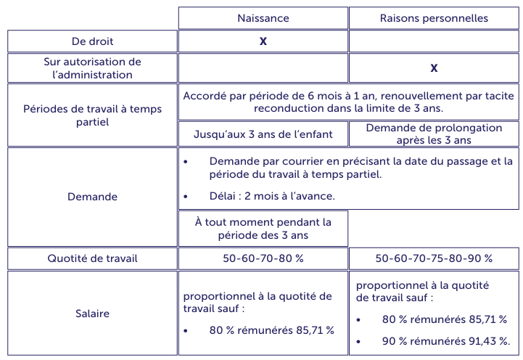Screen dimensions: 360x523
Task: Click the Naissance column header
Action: pyautogui.click(x=263, y=18)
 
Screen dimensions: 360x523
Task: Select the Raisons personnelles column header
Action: pyautogui.click(x=434, y=18)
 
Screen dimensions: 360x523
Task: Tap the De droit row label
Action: pyautogui.click(x=92, y=41)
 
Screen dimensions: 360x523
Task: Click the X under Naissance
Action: pyautogui.click(x=263, y=41)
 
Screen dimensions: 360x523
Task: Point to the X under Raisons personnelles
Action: pyautogui.click(x=434, y=68)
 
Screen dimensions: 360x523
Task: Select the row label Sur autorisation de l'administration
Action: pyautogui.click(x=92, y=68)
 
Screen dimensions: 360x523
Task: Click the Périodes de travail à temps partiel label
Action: pyautogui.click(x=92, y=115)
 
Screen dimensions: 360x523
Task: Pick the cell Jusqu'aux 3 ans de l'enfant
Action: pyautogui.click(x=263, y=134)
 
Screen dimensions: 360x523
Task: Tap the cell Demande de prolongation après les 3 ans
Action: pyautogui.click(x=434, y=134)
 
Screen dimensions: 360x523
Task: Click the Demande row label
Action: pyautogui.click(x=92, y=197)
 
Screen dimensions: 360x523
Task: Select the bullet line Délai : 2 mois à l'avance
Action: pyautogui.click(x=272, y=195)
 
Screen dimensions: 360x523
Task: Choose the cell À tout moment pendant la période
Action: pyautogui.click(x=263, y=229)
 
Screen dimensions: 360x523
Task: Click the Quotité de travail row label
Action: pyautogui.click(x=92, y=258)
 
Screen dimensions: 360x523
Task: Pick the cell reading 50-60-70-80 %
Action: pyautogui.click(x=263, y=258)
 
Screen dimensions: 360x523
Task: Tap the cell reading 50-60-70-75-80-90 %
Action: pyautogui.click(x=434, y=258)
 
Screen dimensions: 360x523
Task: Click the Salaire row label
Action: pyautogui.click(x=92, y=314)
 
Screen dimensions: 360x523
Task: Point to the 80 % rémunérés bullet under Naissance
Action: pyautogui.click(x=271, y=330)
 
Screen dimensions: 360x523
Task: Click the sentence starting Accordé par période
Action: pyautogui.click(x=348, y=102)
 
